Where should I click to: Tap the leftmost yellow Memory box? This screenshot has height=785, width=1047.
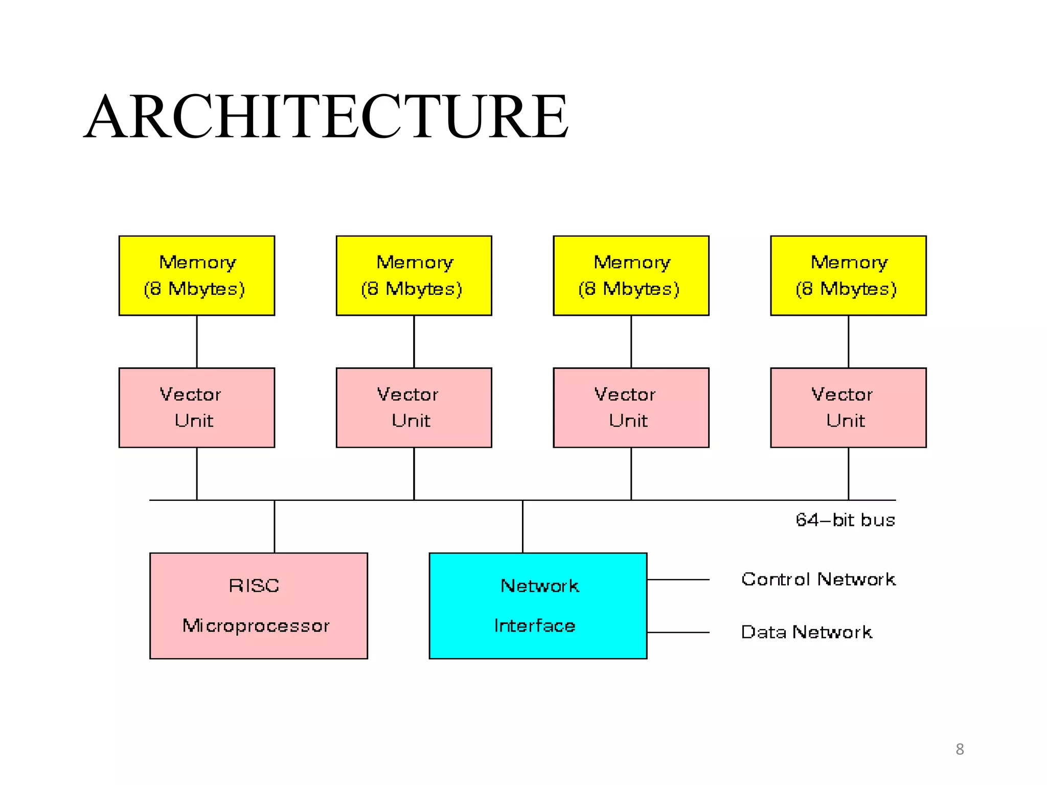click(x=197, y=275)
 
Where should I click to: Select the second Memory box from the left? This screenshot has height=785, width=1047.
click(x=414, y=275)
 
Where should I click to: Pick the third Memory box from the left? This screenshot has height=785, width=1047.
click(x=631, y=275)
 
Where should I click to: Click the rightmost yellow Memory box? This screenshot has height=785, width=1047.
click(x=848, y=275)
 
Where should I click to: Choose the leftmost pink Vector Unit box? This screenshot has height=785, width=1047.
click(x=197, y=407)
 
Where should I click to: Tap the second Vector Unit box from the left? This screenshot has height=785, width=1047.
click(x=414, y=407)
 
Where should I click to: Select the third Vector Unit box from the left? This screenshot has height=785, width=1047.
click(x=631, y=407)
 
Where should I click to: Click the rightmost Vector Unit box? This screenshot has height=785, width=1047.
click(x=848, y=407)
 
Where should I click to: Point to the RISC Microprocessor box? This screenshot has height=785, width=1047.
click(x=258, y=606)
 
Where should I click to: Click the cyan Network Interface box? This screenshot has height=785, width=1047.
click(x=538, y=606)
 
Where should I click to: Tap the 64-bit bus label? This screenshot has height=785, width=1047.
click(x=845, y=520)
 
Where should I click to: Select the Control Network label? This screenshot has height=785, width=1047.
click(x=818, y=580)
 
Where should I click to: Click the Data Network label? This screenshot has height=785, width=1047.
click(x=806, y=632)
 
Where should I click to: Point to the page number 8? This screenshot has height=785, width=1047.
click(x=960, y=749)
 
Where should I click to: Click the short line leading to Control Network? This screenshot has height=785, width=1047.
click(x=678, y=580)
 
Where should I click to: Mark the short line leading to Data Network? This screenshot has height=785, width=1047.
click(x=678, y=633)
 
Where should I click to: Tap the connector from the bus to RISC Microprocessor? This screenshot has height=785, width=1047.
click(x=275, y=526)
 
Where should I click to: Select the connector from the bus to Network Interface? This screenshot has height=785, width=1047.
click(x=522, y=526)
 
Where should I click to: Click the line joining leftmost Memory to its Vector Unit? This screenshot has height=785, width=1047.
click(x=197, y=341)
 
